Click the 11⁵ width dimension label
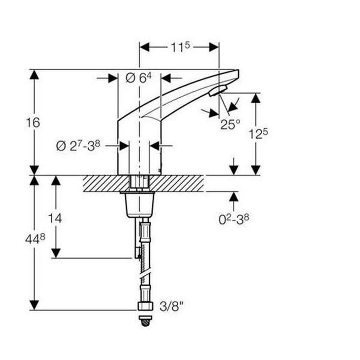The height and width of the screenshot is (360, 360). click(180, 47)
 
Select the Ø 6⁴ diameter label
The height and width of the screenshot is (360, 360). click(139, 78)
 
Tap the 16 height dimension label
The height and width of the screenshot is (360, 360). click(33, 122)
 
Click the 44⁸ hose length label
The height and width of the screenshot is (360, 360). click(35, 239)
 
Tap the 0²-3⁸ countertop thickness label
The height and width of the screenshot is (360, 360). click(234, 219)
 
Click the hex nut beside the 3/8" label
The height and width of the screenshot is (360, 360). click(146, 306)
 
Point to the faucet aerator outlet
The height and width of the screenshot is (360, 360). click(218, 90)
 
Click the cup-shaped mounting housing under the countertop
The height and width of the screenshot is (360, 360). click(139, 205)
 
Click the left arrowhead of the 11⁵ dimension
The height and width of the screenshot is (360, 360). click(144, 47)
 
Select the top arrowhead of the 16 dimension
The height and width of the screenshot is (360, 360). click(34, 75)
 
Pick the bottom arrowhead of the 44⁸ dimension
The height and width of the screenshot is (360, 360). click(34, 305)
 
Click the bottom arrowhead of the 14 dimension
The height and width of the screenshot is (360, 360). click(56, 253)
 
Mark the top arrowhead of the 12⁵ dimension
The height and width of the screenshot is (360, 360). click(256, 98)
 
